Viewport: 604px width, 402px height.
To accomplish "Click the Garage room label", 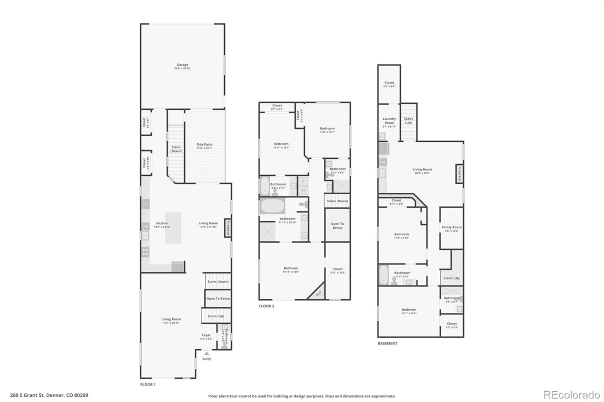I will (183, 65).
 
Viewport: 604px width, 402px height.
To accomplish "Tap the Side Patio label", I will (204, 145).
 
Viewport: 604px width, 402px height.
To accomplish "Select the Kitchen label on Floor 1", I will (162, 223).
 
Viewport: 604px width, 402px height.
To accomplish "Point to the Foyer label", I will (206, 335).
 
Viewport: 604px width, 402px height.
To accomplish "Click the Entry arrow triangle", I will (206, 353).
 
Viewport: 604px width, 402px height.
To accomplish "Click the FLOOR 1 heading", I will (148, 385).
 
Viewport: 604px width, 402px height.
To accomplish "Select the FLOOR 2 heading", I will (266, 306).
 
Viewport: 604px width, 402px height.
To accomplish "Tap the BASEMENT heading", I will (387, 344).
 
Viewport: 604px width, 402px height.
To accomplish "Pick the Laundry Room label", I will (389, 121).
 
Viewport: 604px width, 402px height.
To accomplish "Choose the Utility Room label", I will (452, 228).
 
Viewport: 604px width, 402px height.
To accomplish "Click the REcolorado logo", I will (571, 394).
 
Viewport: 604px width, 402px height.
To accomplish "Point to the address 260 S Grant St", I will (49, 395).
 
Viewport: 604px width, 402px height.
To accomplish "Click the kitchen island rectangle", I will (173, 228).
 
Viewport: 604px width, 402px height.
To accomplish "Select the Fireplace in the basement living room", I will (459, 173).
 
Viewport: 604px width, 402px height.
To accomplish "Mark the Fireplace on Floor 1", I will (227, 228).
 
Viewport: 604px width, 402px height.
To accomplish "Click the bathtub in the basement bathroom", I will (383, 276).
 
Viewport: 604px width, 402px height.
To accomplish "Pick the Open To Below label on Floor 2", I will (337, 225).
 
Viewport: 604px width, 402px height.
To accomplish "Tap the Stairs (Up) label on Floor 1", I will (215, 316).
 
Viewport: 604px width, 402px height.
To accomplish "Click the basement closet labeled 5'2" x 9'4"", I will (389, 84).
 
